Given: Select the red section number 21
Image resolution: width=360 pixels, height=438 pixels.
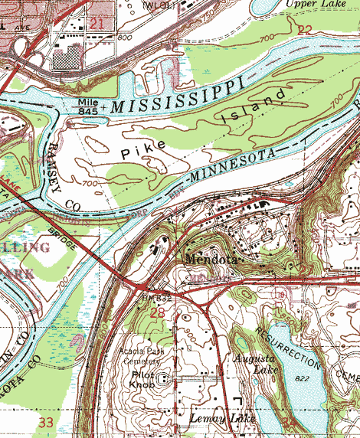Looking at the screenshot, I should [97, 25].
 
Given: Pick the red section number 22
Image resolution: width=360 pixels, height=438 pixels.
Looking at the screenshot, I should [306, 30].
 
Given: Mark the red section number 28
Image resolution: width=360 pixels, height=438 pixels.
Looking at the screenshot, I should [158, 313].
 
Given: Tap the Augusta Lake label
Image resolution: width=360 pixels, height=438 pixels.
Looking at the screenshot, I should [253, 364].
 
